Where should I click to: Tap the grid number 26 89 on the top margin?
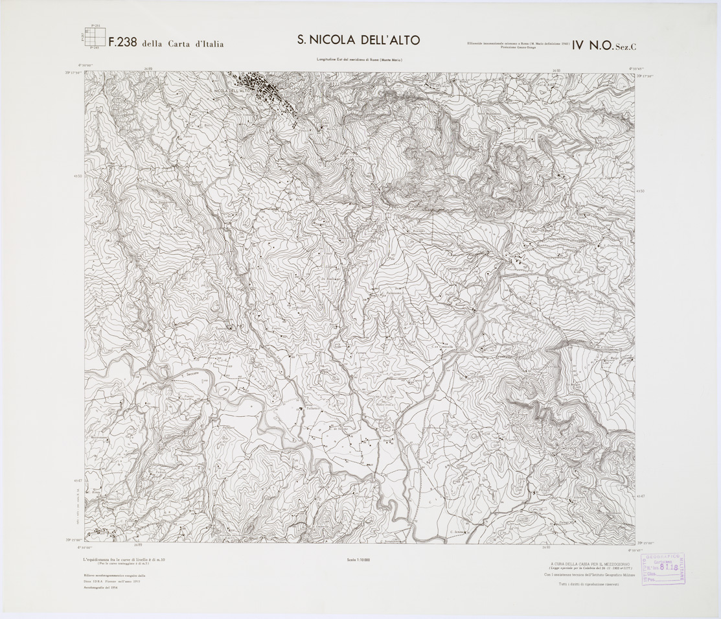click(148, 68)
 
